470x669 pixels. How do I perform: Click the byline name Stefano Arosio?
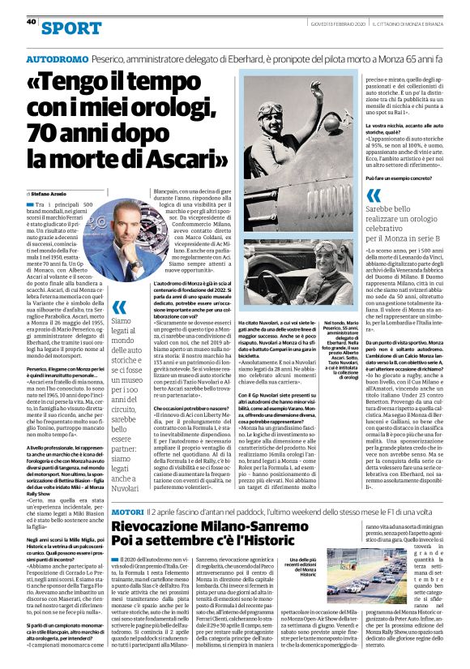[x=49, y=195]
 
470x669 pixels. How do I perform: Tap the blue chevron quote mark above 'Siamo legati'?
[x=118, y=307]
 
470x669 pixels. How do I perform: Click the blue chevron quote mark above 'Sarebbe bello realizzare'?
[x=374, y=195]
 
